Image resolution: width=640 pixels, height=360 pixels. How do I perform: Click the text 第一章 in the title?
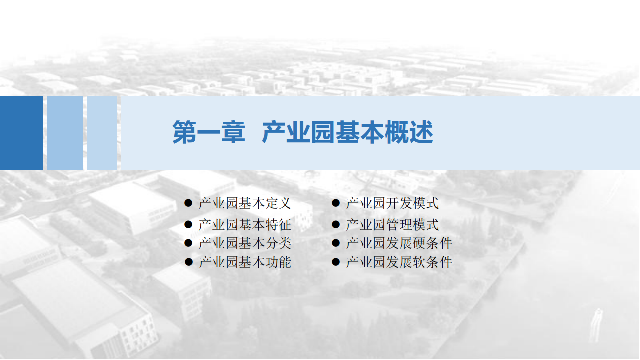pos(209,133)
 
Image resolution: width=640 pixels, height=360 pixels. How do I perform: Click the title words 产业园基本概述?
pos(347,133)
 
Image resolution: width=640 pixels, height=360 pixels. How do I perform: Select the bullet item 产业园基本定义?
pos(245,203)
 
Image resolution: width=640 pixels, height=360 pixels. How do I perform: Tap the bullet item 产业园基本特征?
pos(245,225)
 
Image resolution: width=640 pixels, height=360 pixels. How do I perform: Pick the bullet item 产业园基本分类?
pos(245,243)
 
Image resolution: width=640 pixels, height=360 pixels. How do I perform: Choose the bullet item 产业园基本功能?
pos(245,262)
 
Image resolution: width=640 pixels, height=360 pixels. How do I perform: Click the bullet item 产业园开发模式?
pos(392,203)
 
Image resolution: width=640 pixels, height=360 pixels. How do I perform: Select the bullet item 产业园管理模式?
pos(392,225)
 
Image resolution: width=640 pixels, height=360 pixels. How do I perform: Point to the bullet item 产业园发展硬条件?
pos(399,243)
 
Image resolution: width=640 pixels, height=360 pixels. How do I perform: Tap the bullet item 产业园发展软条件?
pos(399,262)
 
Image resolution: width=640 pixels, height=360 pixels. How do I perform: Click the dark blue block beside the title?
pos(21,133)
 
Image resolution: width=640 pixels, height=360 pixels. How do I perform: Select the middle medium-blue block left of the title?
pos(65,133)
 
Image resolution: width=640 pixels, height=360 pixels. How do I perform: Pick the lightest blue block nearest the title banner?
pos(102,133)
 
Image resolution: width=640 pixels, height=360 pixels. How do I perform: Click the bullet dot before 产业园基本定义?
pos(188,203)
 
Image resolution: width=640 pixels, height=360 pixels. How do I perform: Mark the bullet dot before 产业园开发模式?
pos(336,203)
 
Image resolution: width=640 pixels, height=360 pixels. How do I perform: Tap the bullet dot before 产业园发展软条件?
pos(336,261)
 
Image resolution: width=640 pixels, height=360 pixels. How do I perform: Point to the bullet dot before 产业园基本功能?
pos(188,261)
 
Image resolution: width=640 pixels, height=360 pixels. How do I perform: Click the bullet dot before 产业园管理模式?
pos(336,224)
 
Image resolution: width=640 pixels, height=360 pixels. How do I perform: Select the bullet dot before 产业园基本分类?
pos(188,243)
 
